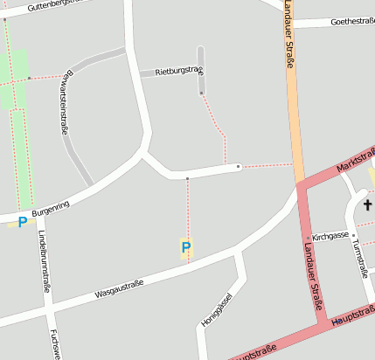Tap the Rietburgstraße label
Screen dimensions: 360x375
(178, 71)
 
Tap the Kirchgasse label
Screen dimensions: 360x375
(330, 236)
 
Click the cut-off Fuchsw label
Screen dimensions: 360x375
(55, 343)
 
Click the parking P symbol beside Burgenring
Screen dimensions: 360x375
(22, 222)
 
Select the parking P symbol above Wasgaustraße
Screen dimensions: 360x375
(185, 248)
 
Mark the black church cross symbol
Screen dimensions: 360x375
(368, 206)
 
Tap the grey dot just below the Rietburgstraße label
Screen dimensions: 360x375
(201, 93)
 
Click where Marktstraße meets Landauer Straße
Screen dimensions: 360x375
(300, 184)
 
